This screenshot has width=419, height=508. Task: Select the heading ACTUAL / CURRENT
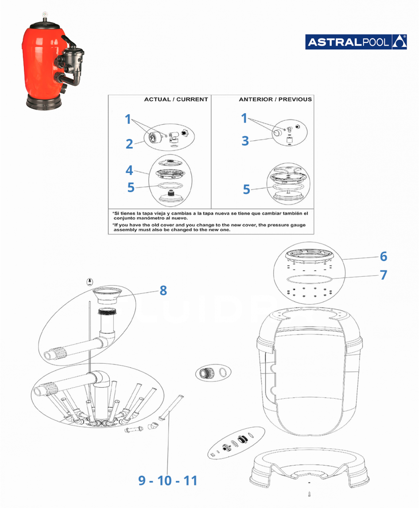[176, 100]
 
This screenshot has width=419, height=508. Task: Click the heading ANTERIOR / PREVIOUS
[275, 100]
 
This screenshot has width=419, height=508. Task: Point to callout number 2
[129, 144]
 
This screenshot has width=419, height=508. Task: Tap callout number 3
[245, 141]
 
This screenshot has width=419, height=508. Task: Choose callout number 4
[129, 170]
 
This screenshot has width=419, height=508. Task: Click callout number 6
[383, 256]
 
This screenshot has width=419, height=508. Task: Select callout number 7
[383, 275]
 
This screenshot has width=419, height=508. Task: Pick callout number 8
[163, 290]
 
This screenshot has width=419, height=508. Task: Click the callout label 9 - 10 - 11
[167, 481]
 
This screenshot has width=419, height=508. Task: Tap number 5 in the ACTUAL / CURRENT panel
[131, 187]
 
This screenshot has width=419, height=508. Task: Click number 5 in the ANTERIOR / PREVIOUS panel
[246, 189]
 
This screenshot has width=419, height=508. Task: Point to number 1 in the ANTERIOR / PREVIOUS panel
[244, 118]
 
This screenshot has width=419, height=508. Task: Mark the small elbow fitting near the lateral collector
[153, 426]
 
